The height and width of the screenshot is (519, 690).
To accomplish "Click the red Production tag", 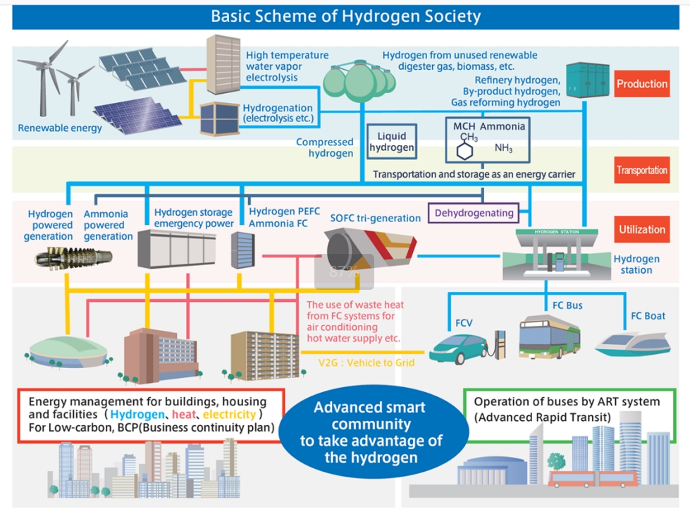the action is click(641, 84).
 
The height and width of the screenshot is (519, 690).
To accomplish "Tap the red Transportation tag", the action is click(641, 170).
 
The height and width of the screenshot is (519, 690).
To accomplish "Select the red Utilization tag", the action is click(641, 229).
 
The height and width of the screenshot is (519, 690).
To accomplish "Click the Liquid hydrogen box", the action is click(392, 142).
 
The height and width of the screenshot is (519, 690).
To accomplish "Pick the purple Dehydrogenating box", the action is click(474, 213).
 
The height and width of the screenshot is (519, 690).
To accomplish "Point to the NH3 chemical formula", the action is click(503, 148).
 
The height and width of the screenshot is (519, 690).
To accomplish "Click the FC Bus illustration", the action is click(549, 337).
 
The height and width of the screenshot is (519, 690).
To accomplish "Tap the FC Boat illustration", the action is click(633, 344).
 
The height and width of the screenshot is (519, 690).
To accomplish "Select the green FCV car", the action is click(458, 348).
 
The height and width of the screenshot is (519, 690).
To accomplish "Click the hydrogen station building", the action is click(557, 255).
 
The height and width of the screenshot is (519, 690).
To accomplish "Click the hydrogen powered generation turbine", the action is click(73, 257).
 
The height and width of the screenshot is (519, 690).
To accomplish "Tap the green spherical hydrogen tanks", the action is click(359, 80).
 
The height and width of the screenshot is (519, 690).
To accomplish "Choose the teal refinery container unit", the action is click(588, 80).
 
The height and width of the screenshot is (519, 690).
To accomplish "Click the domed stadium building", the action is click(68, 352).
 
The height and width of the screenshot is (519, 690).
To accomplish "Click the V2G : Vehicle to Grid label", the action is click(366, 362).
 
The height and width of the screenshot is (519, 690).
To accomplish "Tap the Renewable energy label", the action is click(60, 128).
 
